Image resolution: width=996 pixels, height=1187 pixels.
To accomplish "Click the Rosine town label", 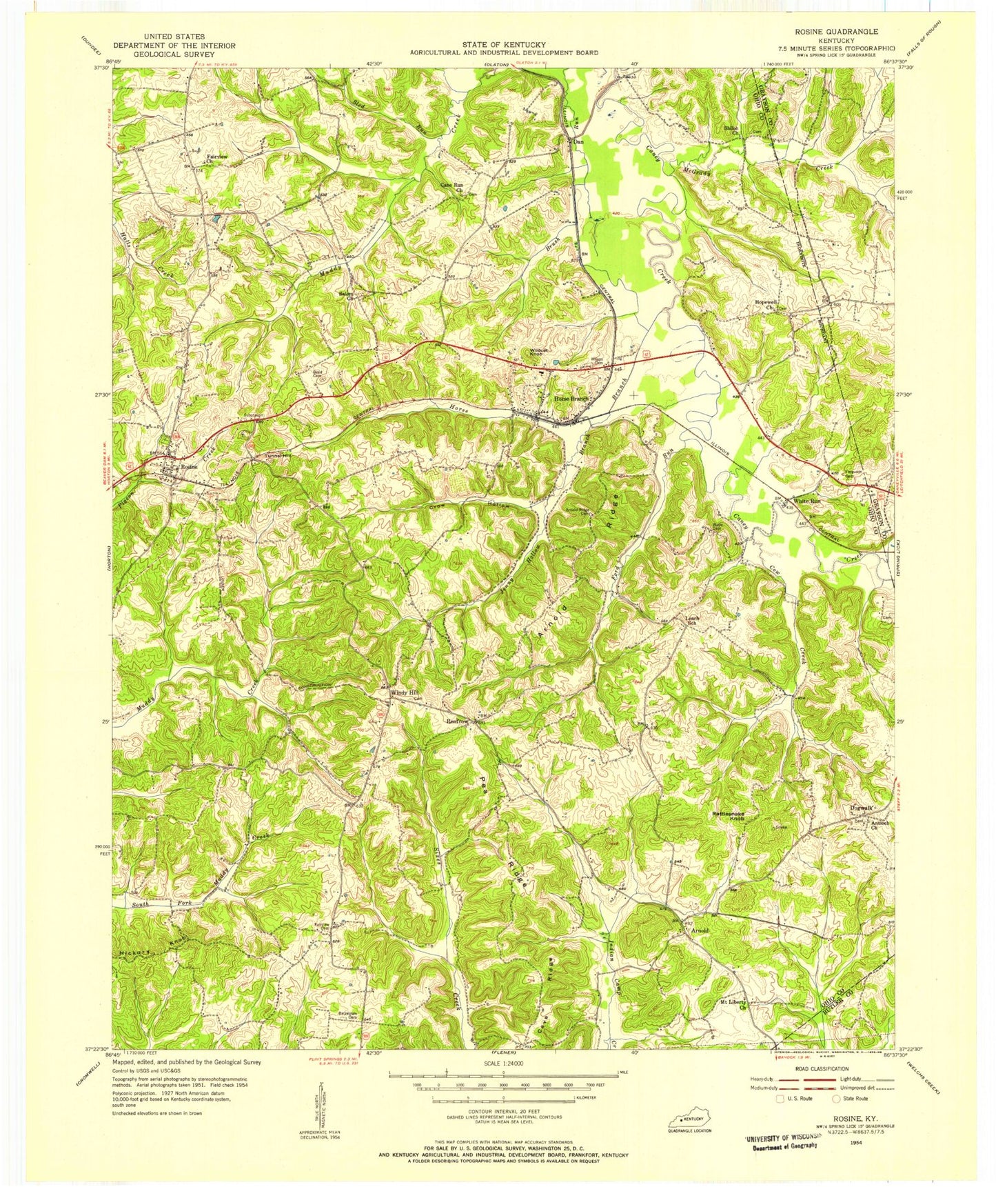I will tap(189, 468).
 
